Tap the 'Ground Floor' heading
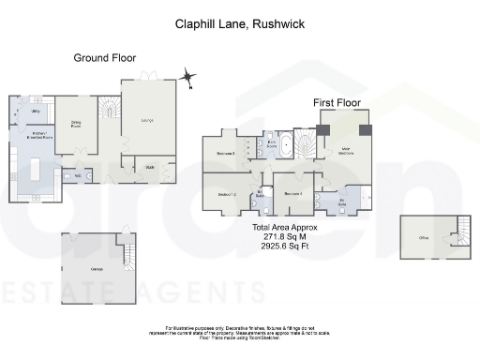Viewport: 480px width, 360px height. click(105, 58)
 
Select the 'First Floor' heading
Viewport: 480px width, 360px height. click(338, 101)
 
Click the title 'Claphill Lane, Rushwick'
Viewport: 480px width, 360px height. click(239, 25)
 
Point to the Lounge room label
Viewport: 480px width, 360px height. click(148, 120)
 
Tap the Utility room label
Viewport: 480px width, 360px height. click(34, 112)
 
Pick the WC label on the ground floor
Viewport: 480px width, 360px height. click(78, 175)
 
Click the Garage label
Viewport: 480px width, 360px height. click(95, 269)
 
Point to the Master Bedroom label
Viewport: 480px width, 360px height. click(345, 148)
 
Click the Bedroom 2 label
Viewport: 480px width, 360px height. click(226, 194)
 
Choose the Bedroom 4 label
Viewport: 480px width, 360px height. click(292, 194)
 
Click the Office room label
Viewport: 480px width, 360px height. click(424, 239)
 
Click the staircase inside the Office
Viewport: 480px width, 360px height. click(460, 233)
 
